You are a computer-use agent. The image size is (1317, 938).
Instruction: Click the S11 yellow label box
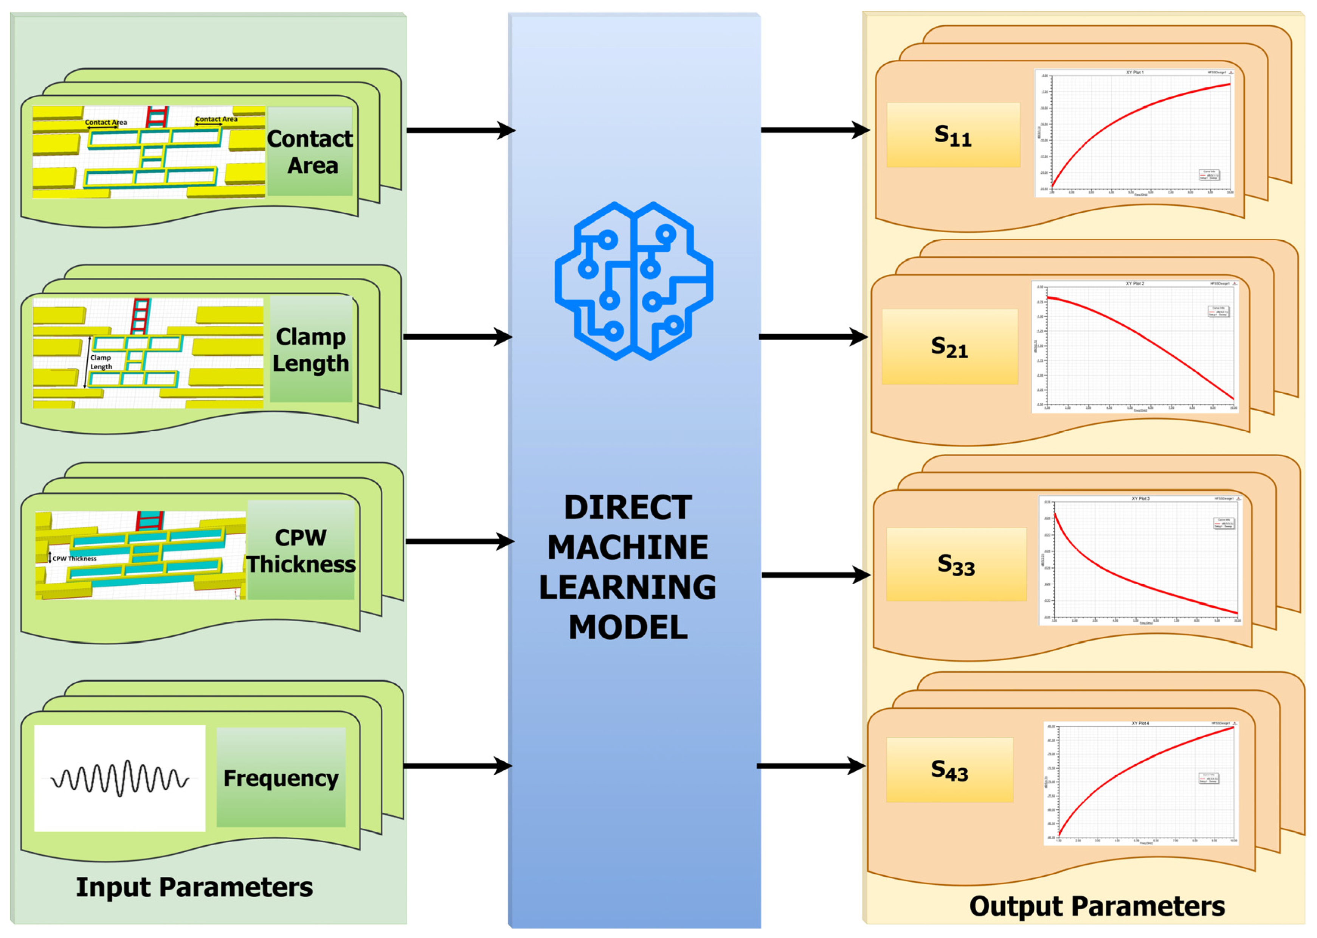tap(953, 135)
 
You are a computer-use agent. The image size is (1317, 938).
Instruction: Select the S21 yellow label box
tap(949, 347)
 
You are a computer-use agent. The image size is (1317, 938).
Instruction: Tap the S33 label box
tap(956, 564)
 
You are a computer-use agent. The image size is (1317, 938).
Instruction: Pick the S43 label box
tap(949, 769)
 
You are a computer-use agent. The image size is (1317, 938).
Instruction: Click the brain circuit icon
tap(633, 281)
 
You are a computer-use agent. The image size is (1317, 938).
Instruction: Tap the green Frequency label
tap(281, 778)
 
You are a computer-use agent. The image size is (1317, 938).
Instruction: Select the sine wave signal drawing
tap(119, 778)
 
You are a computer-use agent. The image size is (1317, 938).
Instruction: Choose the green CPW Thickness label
tap(301, 551)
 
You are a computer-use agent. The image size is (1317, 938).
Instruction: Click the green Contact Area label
tap(310, 151)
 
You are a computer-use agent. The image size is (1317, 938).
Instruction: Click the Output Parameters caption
tap(1097, 906)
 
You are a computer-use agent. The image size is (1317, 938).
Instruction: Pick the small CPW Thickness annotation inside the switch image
tap(74, 558)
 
